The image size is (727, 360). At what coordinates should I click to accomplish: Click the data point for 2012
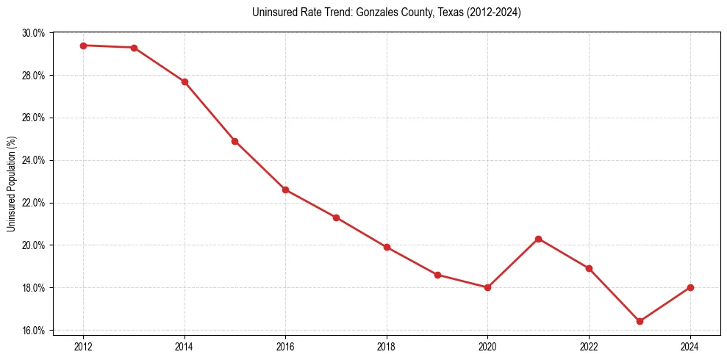83,46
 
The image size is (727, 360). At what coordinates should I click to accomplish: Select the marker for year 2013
134,48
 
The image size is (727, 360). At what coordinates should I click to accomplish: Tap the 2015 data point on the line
234,141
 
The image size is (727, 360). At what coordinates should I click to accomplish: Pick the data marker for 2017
336,217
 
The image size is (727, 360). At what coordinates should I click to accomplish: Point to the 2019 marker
437,275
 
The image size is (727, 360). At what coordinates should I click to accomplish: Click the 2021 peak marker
539,239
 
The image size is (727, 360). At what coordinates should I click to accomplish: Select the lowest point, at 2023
640,321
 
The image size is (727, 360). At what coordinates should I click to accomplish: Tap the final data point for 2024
690,287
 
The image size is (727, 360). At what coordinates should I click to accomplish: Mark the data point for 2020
488,287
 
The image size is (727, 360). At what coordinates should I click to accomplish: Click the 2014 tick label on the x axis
185,346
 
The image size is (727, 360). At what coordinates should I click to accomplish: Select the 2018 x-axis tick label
387,346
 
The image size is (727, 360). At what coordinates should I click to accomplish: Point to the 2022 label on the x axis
589,346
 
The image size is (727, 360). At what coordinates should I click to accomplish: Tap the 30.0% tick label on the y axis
34,33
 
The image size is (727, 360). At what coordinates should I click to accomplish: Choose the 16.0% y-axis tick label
34,330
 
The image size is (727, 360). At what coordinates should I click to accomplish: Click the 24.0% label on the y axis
34,160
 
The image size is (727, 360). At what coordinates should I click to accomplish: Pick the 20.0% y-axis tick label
34,245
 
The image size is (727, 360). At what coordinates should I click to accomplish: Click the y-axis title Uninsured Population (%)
11,184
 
